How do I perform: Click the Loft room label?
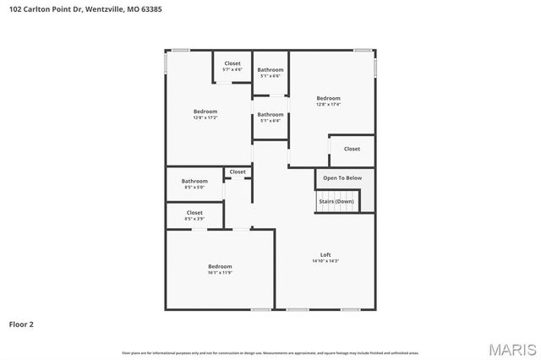(325, 254)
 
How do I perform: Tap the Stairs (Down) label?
(336, 201)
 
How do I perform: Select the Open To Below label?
(342, 178)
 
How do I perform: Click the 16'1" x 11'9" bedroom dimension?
(220, 273)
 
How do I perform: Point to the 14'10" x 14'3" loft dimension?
(325, 261)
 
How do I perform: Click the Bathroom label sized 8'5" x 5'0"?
(194, 181)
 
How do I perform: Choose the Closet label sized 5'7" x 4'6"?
(232, 63)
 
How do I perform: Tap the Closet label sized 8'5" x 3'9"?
(194, 213)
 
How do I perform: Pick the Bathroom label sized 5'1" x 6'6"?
(270, 69)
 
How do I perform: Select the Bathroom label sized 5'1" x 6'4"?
(270, 114)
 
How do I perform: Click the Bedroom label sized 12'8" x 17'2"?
(205, 112)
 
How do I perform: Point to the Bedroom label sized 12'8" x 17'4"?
(328, 98)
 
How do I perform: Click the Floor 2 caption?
(21, 324)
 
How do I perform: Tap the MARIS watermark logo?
(512, 349)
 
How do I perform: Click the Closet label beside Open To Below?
(352, 149)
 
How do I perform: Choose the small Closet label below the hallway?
(238, 172)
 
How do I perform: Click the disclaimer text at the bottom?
(270, 352)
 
